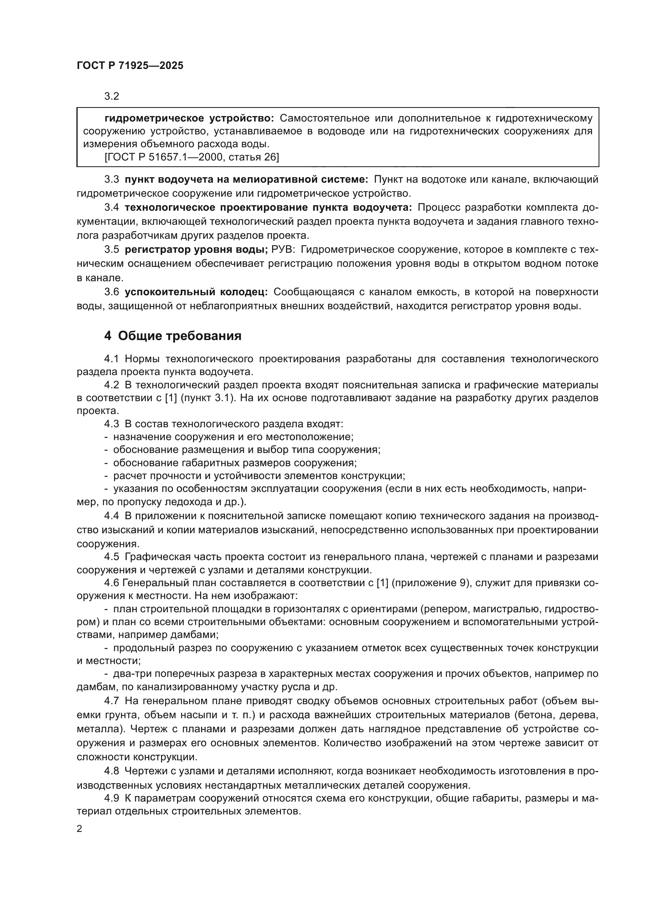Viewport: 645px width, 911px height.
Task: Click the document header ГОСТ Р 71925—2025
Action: (x=130, y=66)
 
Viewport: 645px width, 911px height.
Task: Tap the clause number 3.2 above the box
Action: (x=112, y=97)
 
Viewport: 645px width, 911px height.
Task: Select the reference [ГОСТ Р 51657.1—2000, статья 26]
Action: (x=192, y=157)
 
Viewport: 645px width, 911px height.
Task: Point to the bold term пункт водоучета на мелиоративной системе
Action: (x=246, y=180)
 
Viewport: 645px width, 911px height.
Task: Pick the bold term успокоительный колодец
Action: (x=196, y=292)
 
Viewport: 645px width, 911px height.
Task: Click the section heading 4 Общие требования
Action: (x=173, y=336)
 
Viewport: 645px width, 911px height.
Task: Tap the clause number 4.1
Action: (x=112, y=359)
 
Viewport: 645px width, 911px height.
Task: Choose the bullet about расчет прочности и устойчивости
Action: (x=259, y=476)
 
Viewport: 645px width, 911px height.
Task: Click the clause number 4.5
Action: (x=112, y=557)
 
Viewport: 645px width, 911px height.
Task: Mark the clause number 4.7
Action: (x=112, y=701)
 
